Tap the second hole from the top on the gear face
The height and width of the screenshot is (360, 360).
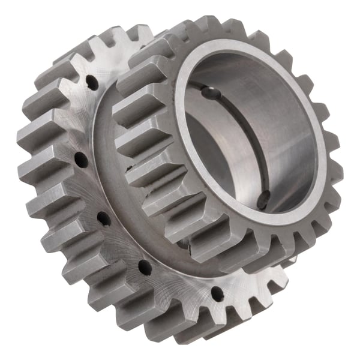point(79,158)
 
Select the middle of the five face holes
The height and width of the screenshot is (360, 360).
point(103,215)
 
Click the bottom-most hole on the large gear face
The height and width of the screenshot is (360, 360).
point(217,294)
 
